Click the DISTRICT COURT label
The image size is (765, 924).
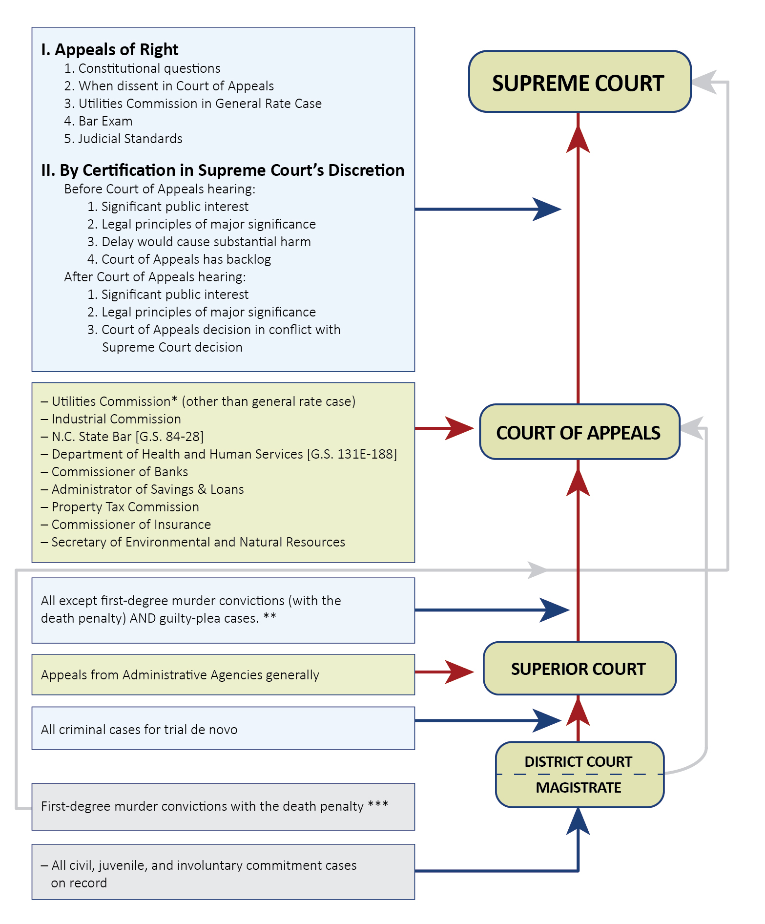pyautogui.click(x=578, y=761)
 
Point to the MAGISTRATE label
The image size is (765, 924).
pyautogui.click(x=578, y=788)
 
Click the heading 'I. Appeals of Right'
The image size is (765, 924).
pyautogui.click(x=110, y=50)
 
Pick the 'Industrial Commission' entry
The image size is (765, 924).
pyautogui.click(x=116, y=419)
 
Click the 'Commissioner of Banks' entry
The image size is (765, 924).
pyautogui.click(x=120, y=472)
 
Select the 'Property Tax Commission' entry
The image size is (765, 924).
pyautogui.click(x=125, y=507)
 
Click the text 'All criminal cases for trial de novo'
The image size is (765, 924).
pyautogui.click(x=139, y=730)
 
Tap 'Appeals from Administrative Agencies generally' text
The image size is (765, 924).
pyautogui.click(x=180, y=675)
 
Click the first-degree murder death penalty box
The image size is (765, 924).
pyautogui.click(x=223, y=806)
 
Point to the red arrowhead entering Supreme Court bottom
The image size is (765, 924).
pyautogui.click(x=578, y=139)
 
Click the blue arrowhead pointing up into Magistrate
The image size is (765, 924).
pyautogui.click(x=578, y=821)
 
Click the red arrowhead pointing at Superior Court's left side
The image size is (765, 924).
pyautogui.click(x=459, y=672)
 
